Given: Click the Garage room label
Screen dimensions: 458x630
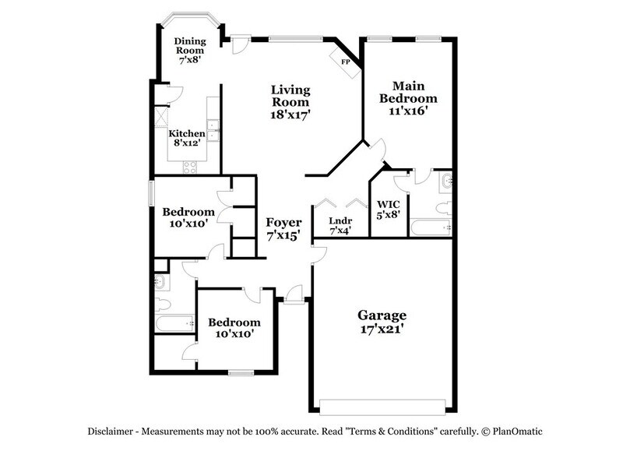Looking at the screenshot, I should point(382,315).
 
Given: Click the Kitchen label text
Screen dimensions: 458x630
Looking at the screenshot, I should point(187,134).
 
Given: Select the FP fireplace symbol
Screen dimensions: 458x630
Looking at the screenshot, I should point(345,59).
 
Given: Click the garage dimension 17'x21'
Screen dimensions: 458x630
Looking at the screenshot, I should point(382,329).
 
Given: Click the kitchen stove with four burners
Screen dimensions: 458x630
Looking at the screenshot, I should point(188,165).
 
